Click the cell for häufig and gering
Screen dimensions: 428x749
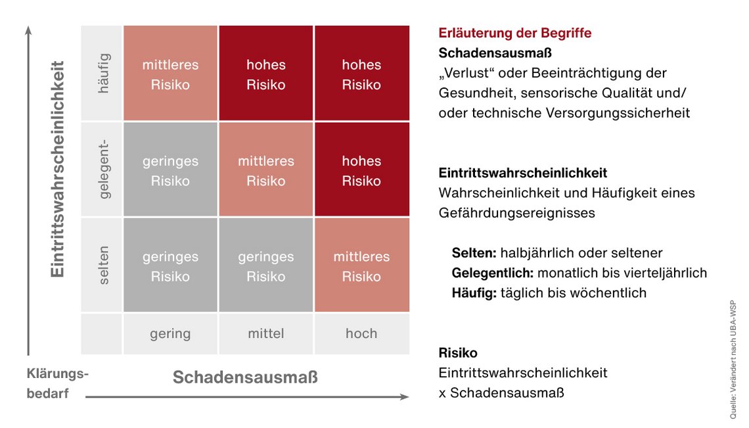(170, 74)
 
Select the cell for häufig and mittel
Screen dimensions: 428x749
(266, 74)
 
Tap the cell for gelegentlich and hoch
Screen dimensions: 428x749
(361, 170)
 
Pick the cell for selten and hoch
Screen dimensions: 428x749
(361, 266)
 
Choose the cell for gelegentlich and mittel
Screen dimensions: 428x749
(266, 170)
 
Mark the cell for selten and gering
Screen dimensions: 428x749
(170, 266)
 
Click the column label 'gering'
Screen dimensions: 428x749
(170, 333)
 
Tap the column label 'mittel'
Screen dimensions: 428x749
(266, 333)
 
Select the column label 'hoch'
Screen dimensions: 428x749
(361, 333)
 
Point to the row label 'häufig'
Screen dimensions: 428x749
(103, 74)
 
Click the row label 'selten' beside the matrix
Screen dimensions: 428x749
(103, 266)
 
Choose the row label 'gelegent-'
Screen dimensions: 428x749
(103, 170)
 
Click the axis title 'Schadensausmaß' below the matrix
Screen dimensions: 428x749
(245, 377)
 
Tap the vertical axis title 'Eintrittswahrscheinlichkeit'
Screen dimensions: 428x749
(57, 170)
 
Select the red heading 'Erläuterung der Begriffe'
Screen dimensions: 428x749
(515, 33)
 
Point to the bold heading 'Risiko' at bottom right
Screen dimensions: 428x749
(458, 353)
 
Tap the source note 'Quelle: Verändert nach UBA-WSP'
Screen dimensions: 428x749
(733, 360)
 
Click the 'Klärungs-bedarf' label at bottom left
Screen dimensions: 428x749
(57, 383)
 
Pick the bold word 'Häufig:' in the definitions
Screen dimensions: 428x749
(474, 293)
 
